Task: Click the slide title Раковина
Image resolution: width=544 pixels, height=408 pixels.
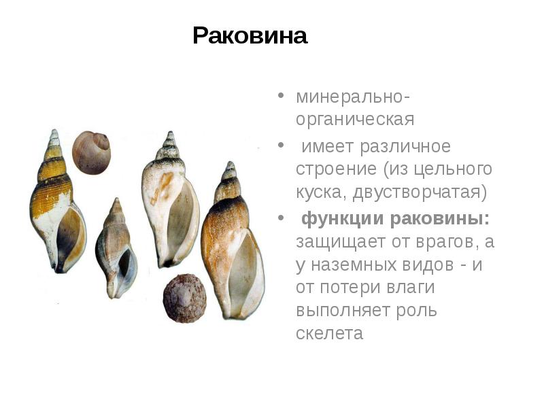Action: pos(250,35)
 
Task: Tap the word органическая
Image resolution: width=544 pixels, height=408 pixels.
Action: pos(354,120)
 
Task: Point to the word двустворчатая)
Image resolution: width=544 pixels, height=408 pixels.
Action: pos(420,192)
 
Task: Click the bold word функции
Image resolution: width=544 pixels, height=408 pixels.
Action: pos(343,219)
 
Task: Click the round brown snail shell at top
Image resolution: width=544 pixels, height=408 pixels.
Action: pos(91,152)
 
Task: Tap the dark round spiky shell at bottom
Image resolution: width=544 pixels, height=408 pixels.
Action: pos(183,298)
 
